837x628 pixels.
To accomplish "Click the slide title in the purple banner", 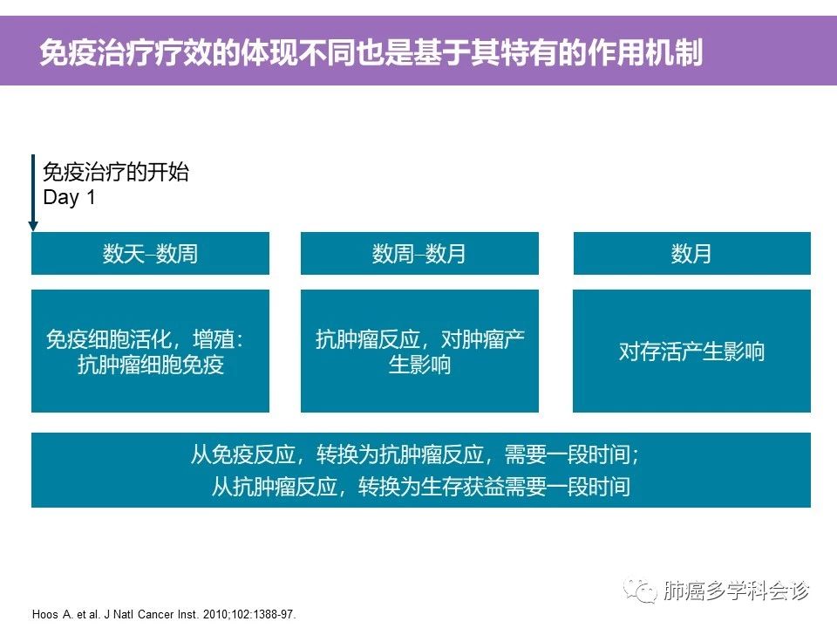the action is click(371, 51).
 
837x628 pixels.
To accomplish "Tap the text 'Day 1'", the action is click(69, 197).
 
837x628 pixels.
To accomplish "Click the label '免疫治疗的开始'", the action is click(116, 172).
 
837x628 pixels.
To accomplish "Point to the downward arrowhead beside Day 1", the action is click(33, 227).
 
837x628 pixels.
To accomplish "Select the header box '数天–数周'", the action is click(150, 253).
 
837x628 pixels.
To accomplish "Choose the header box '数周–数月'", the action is click(419, 253).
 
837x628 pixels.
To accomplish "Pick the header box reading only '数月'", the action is click(691, 253).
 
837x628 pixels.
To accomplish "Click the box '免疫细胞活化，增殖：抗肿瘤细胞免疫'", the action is click(150, 351).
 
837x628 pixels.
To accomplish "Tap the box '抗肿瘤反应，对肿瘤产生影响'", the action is click(419, 351).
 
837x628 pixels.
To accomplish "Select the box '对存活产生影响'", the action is click(691, 351).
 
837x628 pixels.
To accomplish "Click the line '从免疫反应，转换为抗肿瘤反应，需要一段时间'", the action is click(414, 455).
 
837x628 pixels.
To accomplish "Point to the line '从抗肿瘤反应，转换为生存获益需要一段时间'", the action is click(420, 487).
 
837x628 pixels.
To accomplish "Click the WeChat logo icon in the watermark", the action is click(640, 590).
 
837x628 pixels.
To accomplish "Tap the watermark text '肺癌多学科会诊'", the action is click(737, 590).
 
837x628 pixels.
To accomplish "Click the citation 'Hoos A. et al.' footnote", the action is click(164, 614).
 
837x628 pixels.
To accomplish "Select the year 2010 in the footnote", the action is click(215, 614).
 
